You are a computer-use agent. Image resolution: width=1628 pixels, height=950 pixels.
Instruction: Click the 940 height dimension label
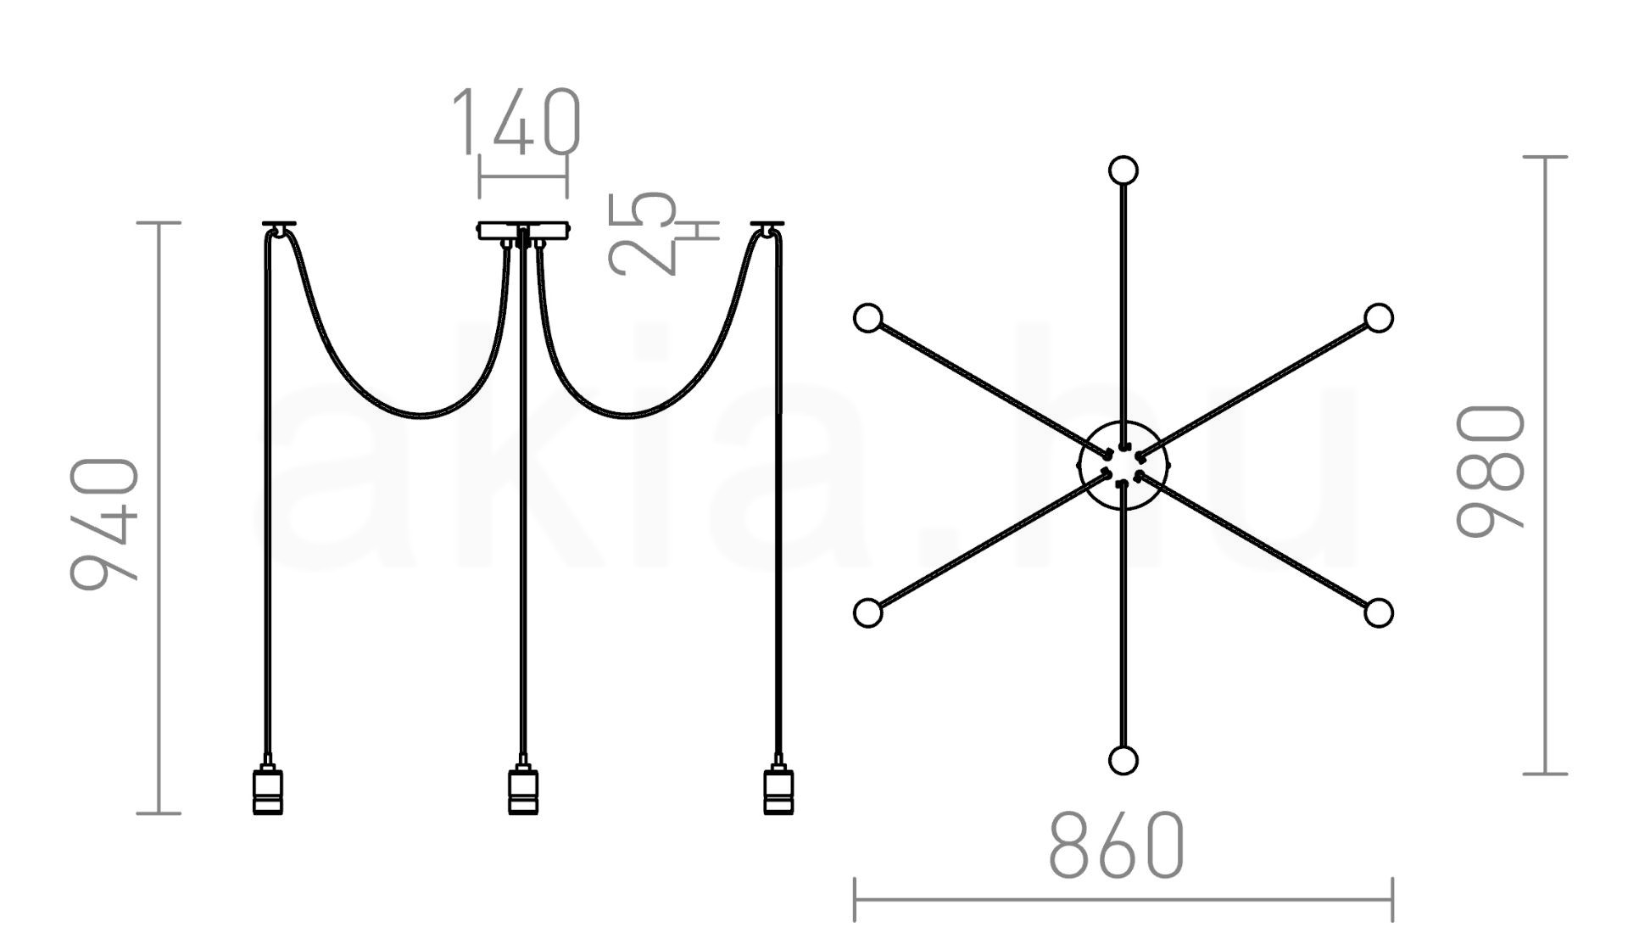click(105, 523)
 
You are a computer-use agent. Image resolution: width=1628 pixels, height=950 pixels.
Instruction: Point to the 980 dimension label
click(1491, 471)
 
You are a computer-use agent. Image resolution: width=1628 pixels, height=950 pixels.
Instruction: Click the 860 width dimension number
click(1116, 846)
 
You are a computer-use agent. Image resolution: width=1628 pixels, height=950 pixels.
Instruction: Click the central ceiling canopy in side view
click(523, 232)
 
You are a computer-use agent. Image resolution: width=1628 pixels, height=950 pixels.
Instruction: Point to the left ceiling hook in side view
click(280, 227)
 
